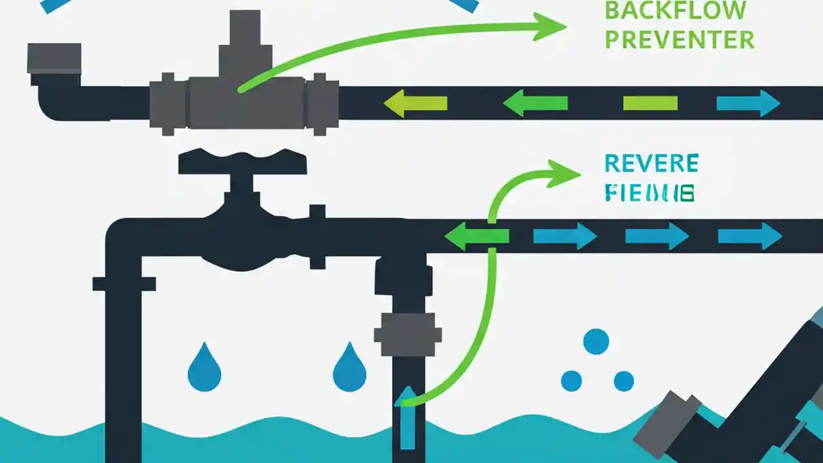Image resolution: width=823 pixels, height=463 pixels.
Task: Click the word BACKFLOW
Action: click(x=675, y=10)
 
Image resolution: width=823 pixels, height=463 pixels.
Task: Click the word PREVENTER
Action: click(x=679, y=40)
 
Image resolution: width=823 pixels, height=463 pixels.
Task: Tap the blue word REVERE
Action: click(x=651, y=163)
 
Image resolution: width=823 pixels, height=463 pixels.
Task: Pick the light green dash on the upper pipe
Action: click(x=650, y=103)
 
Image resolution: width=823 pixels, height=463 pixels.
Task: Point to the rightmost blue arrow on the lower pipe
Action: click(x=749, y=236)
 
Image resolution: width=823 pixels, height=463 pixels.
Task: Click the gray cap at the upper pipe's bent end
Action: click(x=54, y=58)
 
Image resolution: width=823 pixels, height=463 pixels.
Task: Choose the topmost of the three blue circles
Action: click(x=596, y=341)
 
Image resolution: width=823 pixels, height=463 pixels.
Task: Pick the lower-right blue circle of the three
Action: click(x=624, y=381)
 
